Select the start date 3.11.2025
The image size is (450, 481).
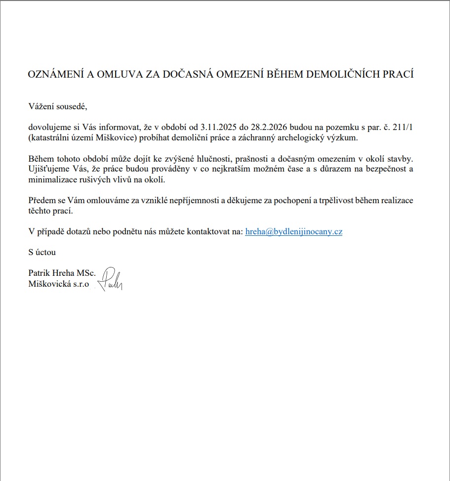[220, 128]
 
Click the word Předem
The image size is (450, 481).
[41, 201]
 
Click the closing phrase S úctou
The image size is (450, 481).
[42, 252]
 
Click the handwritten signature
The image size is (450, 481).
[111, 280]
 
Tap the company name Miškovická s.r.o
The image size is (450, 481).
[59, 284]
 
